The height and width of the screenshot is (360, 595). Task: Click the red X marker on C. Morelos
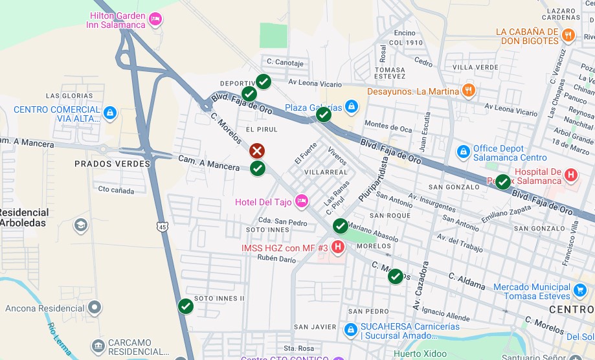coord(257,151)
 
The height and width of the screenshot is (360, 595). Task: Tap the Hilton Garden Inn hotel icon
coord(155,19)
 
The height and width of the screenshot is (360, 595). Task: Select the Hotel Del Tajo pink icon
coord(301,202)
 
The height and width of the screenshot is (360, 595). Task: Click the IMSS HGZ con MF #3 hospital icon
coord(338,247)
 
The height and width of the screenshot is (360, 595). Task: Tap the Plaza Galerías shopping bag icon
coord(351,106)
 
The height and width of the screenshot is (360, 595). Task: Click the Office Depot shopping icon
coord(463,152)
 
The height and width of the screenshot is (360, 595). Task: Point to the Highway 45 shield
coord(161,226)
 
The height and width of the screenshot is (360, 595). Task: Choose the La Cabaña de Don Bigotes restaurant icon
coord(568,36)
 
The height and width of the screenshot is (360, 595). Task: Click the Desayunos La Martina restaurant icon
coord(469,91)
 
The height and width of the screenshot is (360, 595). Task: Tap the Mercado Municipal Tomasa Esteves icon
coord(579,291)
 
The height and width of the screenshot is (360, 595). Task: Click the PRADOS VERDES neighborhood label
coord(112,164)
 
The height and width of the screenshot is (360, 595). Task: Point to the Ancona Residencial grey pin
coord(95,308)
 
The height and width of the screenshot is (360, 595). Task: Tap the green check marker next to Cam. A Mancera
coord(258,168)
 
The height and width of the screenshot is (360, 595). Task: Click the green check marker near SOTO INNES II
coord(186,306)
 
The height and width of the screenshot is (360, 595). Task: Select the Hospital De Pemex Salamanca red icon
coord(570,175)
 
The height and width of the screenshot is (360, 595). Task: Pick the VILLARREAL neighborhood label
coord(326,172)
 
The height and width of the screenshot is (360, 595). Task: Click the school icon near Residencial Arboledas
coord(80,225)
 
